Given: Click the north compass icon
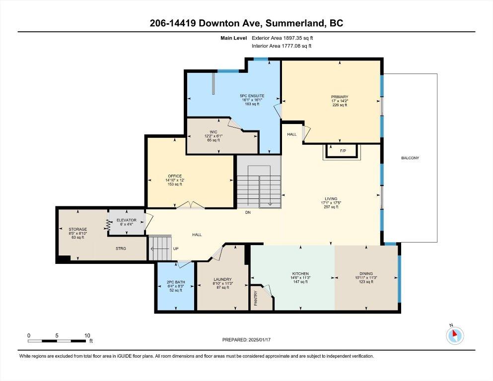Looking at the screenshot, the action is tap(455, 335).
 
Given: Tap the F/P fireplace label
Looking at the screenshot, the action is tap(343, 151).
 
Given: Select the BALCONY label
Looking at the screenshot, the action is tap(410, 158).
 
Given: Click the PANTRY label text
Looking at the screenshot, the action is tap(256, 298).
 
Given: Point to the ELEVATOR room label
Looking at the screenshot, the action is tap(127, 220).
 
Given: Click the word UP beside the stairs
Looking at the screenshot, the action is tap(176, 249).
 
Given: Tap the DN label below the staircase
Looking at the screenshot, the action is tap(248, 212).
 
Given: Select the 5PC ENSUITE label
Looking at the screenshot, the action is tap(252, 96).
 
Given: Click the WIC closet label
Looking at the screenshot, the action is tap(213, 132).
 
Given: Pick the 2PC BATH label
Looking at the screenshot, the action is tap(176, 282).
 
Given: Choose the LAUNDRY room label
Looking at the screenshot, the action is tap(222, 279).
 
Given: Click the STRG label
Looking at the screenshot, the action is tap(121, 249).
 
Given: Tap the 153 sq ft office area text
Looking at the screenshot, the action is tap(175, 185).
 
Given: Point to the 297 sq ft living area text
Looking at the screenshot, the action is tap(331, 207).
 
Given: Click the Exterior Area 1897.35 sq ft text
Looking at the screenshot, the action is tap(282, 38).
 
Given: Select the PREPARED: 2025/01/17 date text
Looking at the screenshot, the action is tap(246, 340).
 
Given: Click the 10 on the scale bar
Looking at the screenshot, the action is tap(87, 335).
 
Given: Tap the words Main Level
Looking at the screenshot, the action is tap(234, 38).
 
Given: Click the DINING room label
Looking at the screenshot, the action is tap(366, 273).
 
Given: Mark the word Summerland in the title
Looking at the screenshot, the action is tap(295, 23).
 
